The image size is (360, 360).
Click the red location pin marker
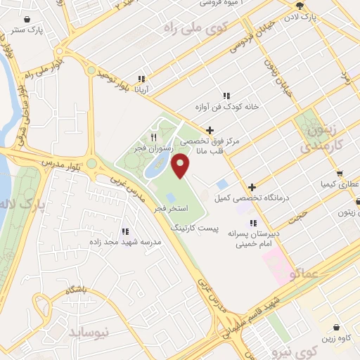pos(181,165)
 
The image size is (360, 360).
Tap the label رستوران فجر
pos(151,148)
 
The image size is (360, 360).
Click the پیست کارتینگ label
pos(196,229)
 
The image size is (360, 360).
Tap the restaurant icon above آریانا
pos(141,79)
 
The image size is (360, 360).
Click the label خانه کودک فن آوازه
pos(227,107)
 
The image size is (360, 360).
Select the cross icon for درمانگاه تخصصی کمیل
pos(252,187)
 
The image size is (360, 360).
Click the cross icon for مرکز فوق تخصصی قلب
pos(210,130)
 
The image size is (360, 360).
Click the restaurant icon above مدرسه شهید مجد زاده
pos(125,231)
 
